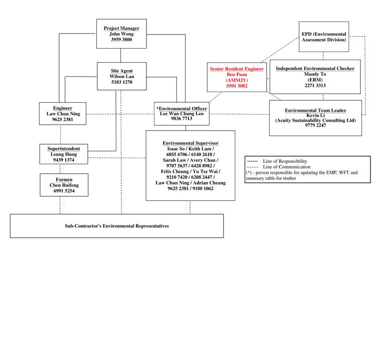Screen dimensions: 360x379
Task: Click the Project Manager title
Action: [x=121, y=29]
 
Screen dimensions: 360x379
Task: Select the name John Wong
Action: [x=121, y=34]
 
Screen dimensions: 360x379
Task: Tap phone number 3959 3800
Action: [x=121, y=40]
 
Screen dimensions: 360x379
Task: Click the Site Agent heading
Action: [x=122, y=71]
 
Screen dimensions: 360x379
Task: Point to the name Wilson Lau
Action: [x=122, y=77]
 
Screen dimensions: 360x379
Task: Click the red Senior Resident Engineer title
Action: [x=237, y=69]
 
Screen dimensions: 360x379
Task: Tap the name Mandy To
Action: [x=315, y=74]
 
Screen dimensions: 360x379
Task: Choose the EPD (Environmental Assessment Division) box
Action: [x=324, y=37]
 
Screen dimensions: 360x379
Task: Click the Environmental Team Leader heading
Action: [x=315, y=110]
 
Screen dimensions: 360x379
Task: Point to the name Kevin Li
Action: [x=315, y=115]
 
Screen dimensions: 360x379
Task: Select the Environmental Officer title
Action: [x=182, y=109]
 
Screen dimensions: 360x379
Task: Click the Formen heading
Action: [x=64, y=179]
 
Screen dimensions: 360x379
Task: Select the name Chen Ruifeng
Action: [x=64, y=185]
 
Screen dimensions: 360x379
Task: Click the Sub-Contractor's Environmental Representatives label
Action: [x=117, y=226]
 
